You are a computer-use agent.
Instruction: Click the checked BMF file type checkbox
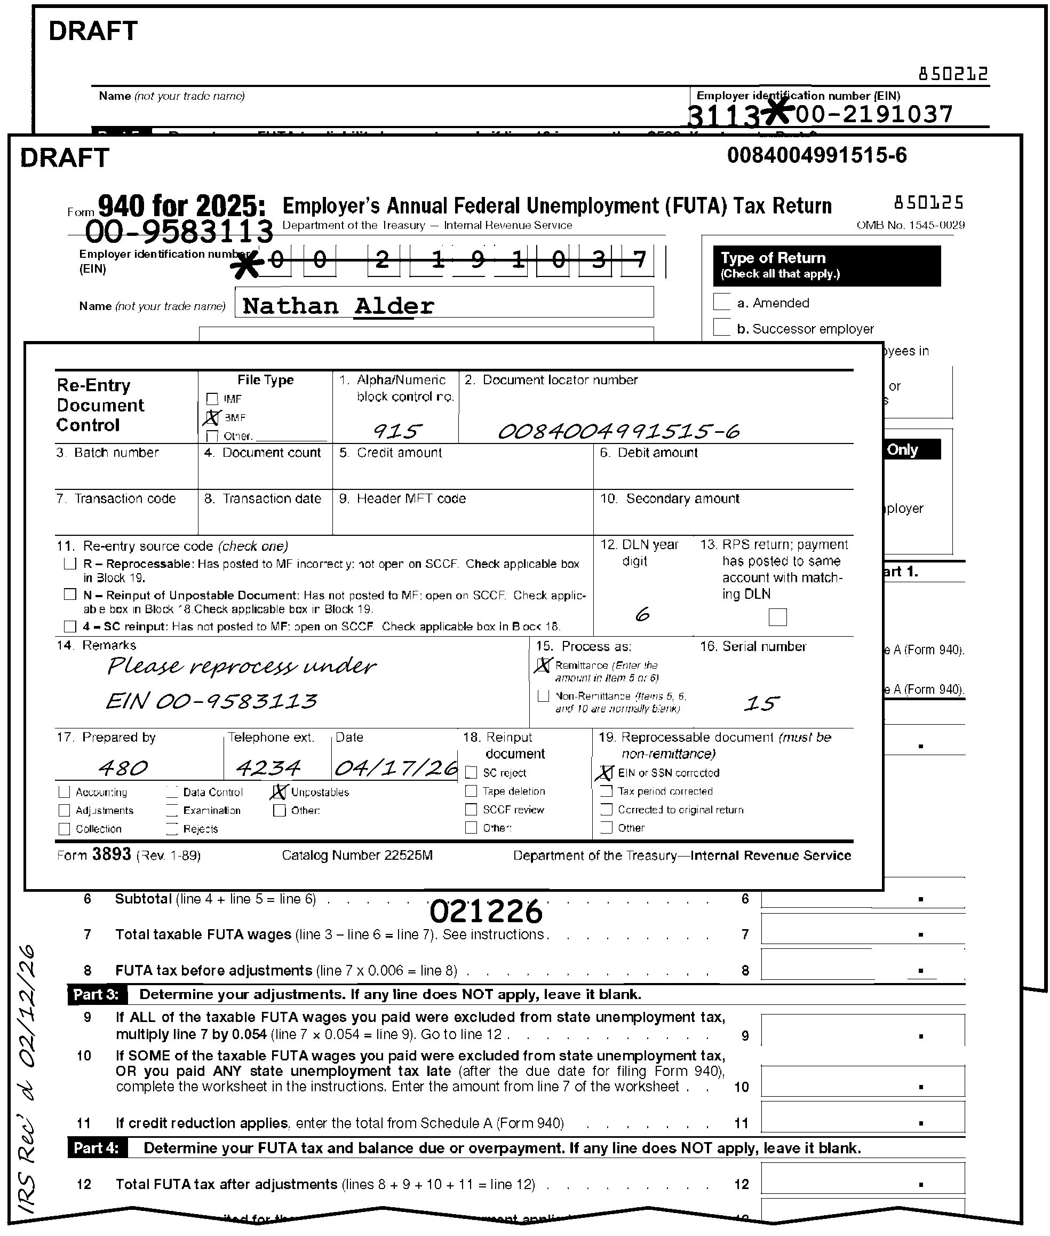(212, 418)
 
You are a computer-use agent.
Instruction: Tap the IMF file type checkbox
(212, 399)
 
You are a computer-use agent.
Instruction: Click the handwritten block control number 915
(397, 431)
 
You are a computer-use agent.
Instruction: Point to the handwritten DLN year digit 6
(642, 614)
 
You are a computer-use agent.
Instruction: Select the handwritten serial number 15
(761, 704)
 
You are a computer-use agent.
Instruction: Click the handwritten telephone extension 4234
(268, 768)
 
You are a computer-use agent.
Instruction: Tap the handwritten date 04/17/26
(396, 768)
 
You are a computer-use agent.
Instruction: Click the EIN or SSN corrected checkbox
(606, 773)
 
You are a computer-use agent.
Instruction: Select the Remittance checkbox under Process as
(543, 665)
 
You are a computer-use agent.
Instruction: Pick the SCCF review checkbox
(471, 810)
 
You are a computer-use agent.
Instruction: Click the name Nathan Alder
(338, 306)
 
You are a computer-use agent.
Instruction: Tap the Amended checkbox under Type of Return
(721, 302)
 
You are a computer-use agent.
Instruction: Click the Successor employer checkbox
(721, 328)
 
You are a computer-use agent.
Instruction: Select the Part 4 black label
(97, 1148)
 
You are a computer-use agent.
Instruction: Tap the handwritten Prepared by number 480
(123, 768)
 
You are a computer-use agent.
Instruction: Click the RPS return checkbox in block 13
(777, 617)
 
